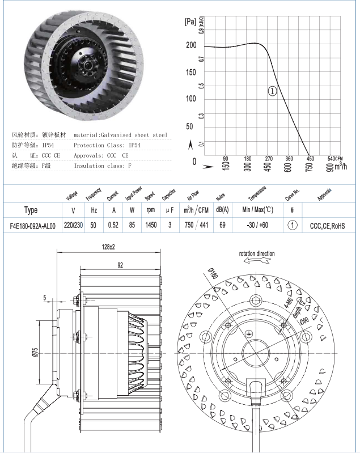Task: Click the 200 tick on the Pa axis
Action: coord(191,45)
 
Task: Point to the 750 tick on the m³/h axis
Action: coord(309,167)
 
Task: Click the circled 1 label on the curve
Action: coord(273,91)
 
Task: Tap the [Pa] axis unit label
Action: coord(190,22)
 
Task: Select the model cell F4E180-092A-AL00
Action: coord(33,226)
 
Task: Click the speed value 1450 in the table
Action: coord(151,225)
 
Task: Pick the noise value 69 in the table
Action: coord(222,225)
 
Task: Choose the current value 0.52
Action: coord(113,225)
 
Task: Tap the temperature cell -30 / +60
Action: coord(257,225)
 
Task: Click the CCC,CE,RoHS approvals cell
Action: coord(327,226)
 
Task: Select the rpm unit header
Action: coord(151,210)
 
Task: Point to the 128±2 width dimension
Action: coord(108,247)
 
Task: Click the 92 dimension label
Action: coord(120,265)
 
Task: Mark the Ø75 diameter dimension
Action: coord(35,352)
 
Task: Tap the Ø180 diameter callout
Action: coord(213,273)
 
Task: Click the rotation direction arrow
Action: coord(257,261)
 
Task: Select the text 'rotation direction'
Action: coord(257,253)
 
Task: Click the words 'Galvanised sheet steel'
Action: coord(134,135)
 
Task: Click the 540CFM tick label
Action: coord(335,159)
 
